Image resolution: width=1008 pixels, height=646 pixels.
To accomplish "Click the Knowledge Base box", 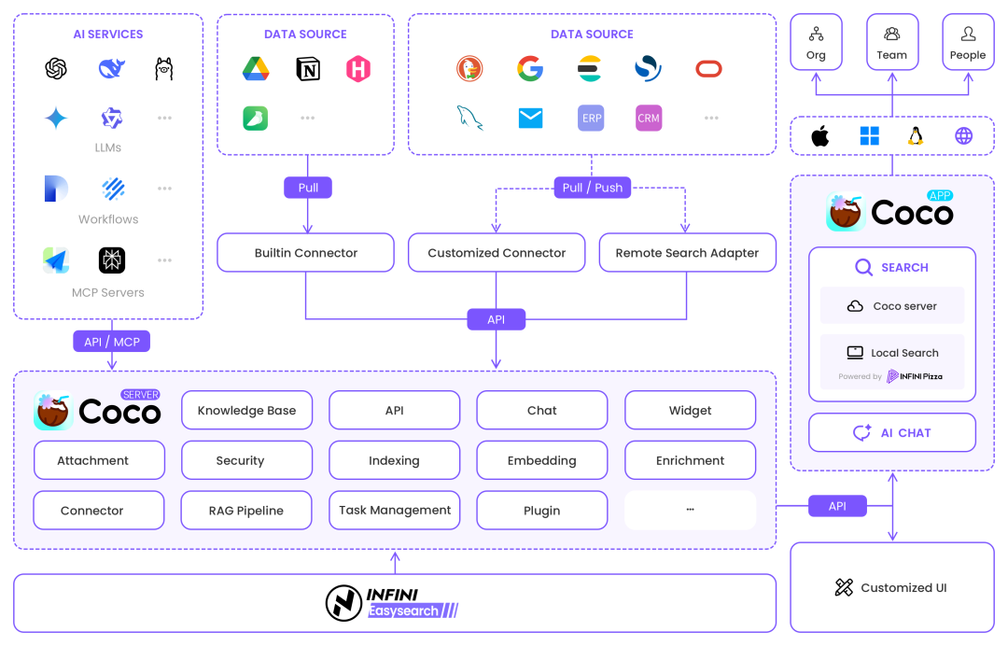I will click(x=246, y=410).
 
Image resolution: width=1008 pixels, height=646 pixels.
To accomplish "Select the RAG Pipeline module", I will click(x=246, y=511).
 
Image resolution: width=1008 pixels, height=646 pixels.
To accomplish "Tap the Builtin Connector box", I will click(x=305, y=253).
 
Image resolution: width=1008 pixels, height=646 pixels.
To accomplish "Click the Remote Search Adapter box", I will click(x=687, y=253).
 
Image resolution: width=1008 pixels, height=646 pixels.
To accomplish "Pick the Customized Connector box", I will click(x=497, y=253).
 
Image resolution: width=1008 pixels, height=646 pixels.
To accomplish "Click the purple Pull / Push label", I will click(x=592, y=188).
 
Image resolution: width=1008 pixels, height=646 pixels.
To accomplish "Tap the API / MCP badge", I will click(x=111, y=342).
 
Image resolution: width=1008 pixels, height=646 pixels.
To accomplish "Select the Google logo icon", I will click(x=529, y=68).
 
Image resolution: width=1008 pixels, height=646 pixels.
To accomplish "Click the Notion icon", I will click(x=307, y=68).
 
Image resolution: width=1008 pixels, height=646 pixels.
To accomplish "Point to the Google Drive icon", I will click(x=256, y=68).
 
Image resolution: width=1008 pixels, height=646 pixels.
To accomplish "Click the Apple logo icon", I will click(x=819, y=136).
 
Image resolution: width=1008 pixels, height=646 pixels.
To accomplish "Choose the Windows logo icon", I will click(x=869, y=136).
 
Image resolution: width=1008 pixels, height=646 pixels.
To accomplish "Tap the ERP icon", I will click(x=591, y=119).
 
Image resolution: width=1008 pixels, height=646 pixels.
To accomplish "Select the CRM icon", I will click(x=649, y=119).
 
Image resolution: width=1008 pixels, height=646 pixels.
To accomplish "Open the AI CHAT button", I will click(x=892, y=433).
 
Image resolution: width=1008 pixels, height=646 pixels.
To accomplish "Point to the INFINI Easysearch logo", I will click(x=393, y=602).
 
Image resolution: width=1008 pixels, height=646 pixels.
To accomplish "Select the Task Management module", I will click(x=395, y=511).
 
